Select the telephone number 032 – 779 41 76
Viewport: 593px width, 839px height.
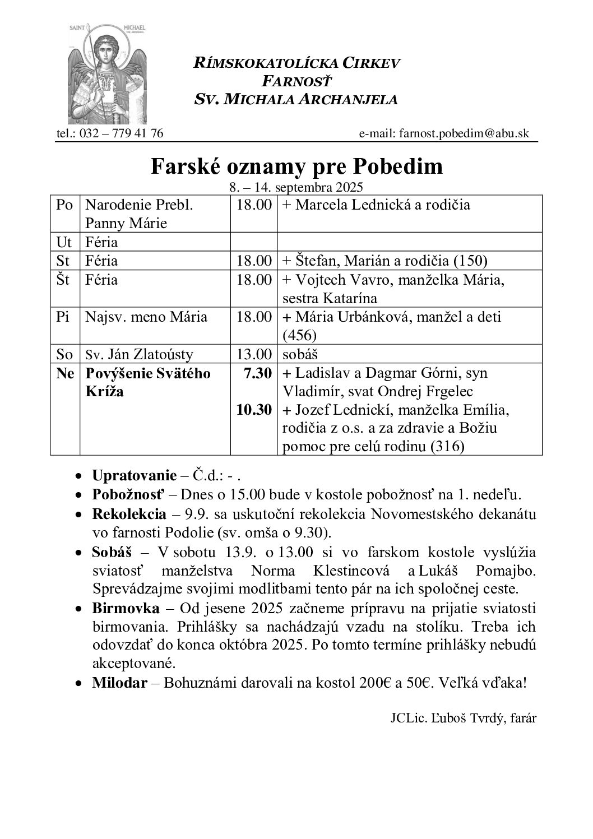[118, 133]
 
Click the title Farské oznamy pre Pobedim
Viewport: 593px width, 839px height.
[296, 166]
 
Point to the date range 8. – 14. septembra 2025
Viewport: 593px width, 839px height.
[296, 187]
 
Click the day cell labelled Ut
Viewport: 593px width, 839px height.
[64, 242]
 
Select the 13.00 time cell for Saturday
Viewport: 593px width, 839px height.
[253, 354]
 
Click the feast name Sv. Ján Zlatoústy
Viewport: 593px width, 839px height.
[139, 354]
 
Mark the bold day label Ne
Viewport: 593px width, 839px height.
[65, 373]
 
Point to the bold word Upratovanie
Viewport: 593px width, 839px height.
[134, 476]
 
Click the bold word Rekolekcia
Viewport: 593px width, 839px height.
[129, 514]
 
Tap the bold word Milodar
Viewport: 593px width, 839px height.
[120, 683]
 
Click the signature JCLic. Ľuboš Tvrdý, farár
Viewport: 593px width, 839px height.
[464, 719]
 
